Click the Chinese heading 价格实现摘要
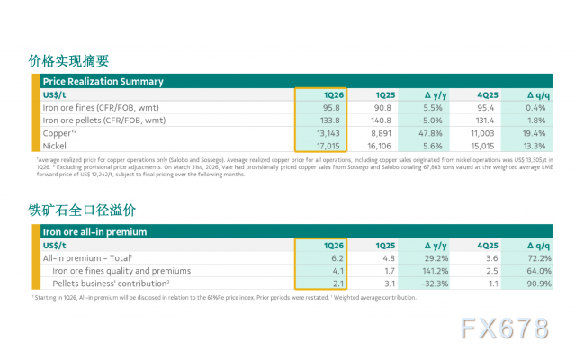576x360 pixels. point(67,61)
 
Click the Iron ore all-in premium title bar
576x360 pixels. point(94,232)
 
